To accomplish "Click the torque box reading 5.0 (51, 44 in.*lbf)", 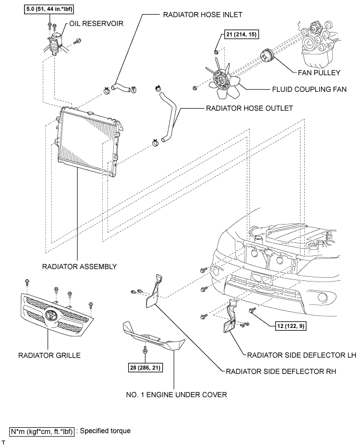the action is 49,9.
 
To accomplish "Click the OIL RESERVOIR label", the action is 97,24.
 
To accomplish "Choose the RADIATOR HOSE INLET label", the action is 202,15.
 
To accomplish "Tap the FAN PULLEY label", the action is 319,73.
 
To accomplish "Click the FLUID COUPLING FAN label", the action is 309,89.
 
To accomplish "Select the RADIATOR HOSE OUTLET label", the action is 249,109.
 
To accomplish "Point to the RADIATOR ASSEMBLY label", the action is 79,266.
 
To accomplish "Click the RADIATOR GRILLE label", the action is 50,355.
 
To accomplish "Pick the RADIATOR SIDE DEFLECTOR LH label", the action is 302,355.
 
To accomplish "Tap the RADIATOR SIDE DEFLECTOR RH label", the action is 281,371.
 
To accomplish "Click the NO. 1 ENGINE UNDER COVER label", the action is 176,394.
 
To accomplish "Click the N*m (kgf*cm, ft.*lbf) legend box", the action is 42,431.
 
